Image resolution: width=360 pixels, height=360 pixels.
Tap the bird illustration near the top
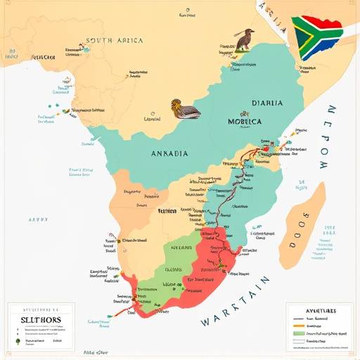[244, 40]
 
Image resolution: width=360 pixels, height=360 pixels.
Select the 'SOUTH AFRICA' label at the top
[114, 41]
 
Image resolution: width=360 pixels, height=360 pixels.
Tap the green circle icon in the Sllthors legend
[15, 342]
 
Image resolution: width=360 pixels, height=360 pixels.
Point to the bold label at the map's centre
[167, 210]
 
